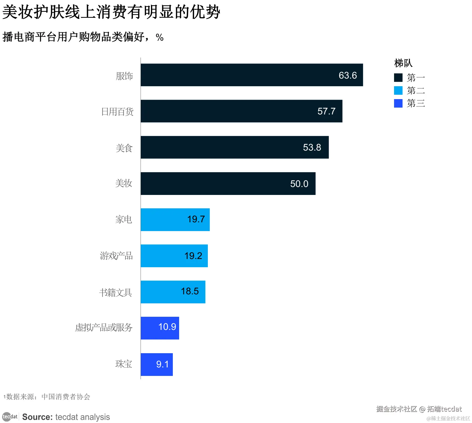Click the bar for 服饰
point(252,75)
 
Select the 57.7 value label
point(326,111)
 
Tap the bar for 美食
point(235,147)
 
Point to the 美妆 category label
point(124,183)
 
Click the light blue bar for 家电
point(175,220)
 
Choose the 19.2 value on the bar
point(193,256)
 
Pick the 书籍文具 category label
point(115,292)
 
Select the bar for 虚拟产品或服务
point(160,328)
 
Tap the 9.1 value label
point(162,364)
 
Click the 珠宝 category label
point(124,364)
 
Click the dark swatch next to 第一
point(398,78)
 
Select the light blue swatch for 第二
point(398,91)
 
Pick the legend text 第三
point(416,103)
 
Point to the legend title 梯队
point(403,63)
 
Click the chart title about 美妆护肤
point(111,12)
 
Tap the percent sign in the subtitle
point(159,38)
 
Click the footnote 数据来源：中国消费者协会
point(47,397)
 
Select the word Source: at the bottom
point(37,417)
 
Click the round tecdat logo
point(6,417)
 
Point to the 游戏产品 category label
point(116,256)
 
